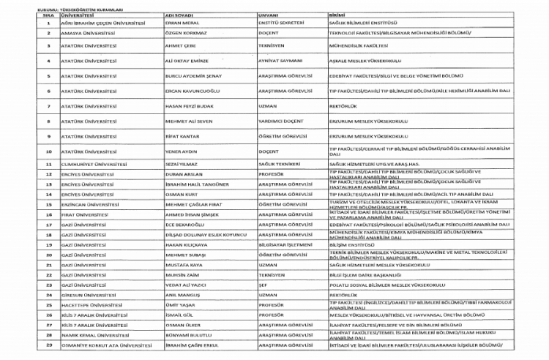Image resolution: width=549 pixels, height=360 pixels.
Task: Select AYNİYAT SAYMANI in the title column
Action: [280, 61]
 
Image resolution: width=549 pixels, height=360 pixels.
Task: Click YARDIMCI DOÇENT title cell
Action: [280, 121]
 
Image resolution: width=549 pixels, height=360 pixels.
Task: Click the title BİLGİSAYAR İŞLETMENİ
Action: [285, 244]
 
